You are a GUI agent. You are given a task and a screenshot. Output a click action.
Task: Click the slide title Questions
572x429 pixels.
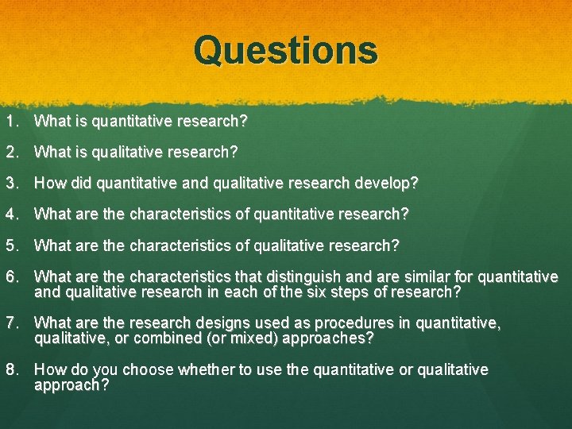click(x=286, y=50)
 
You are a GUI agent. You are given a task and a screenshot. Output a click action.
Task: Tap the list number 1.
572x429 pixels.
click(x=10, y=122)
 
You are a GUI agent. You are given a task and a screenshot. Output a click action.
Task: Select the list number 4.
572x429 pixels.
click(x=10, y=214)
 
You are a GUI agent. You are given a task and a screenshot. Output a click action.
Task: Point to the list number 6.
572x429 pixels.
click(x=10, y=276)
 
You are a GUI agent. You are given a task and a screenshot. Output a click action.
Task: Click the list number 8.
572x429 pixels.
click(x=10, y=369)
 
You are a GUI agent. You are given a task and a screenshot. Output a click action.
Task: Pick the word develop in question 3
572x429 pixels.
click(x=387, y=183)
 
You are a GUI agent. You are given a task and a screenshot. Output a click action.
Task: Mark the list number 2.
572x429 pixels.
click(x=10, y=151)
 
